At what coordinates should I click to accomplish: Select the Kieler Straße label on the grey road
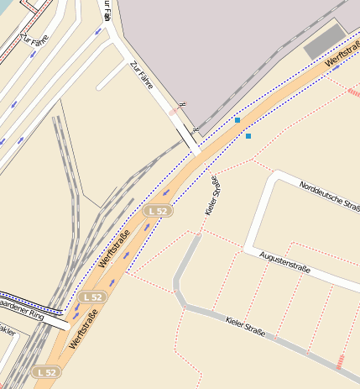[x=246, y=327]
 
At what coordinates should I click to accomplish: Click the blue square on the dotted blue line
[x=237, y=120]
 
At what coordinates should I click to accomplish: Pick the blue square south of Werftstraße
[x=248, y=136]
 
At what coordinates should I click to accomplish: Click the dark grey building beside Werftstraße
[x=324, y=40]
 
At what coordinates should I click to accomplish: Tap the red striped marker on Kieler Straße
[x=341, y=362]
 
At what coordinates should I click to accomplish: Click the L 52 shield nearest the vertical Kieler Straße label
[x=156, y=211]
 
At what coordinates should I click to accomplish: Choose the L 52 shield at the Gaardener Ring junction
[x=92, y=297]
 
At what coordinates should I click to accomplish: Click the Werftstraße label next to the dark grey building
[x=342, y=58]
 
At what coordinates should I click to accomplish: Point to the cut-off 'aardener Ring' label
[x=21, y=314]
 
